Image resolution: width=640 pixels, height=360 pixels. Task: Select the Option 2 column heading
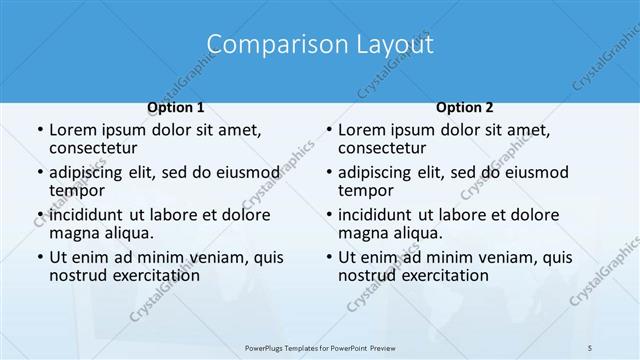[x=464, y=107]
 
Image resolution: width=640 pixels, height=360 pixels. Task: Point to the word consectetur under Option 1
[x=93, y=148]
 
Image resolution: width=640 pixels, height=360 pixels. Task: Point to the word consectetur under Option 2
[x=382, y=148]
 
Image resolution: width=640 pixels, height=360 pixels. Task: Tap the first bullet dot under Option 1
[x=38, y=131]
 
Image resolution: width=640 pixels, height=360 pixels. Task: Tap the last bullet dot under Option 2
[x=328, y=258]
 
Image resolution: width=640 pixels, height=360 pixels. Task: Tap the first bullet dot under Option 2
[x=328, y=131]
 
